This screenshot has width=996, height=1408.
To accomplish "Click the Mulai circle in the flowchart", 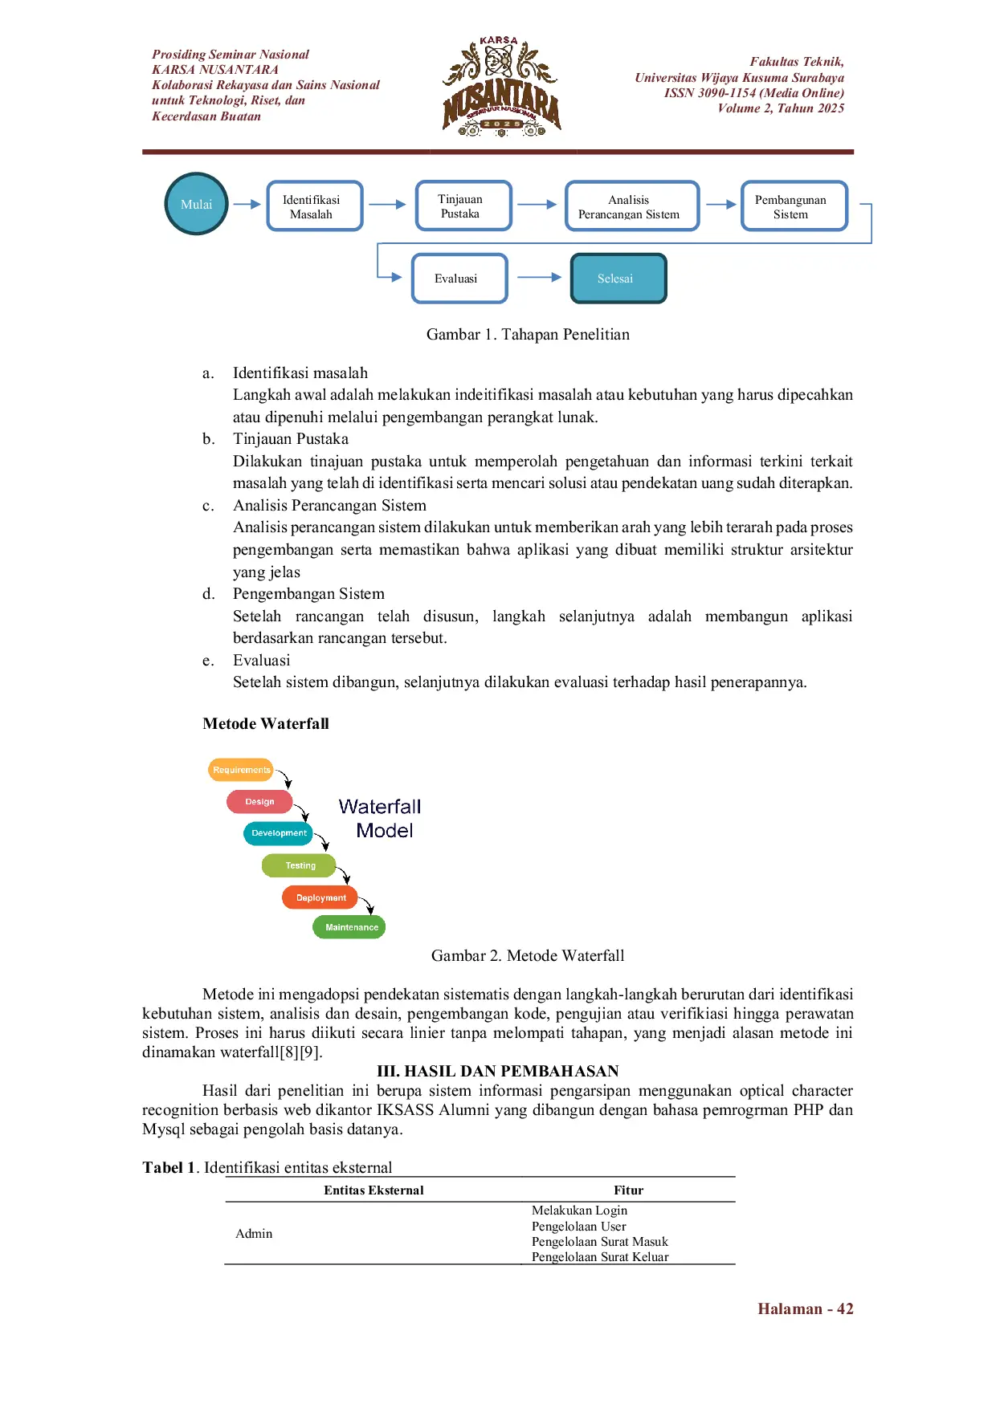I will (x=196, y=204).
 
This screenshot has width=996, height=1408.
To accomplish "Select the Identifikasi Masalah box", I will (x=314, y=206).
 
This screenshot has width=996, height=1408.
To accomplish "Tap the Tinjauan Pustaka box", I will (x=463, y=206).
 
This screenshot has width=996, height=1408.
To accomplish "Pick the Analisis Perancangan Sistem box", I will (x=631, y=206).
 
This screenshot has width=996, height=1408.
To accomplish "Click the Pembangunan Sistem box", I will (x=793, y=206).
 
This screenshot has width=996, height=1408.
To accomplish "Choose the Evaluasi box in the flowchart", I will (x=459, y=279).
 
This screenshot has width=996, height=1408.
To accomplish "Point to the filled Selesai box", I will (x=618, y=279).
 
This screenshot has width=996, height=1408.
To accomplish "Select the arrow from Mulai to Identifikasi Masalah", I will (x=247, y=204).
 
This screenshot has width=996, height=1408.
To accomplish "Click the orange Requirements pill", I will (x=241, y=770).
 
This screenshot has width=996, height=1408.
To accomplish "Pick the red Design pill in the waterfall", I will (x=259, y=801).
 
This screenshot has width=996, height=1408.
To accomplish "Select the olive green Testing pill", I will (x=300, y=865).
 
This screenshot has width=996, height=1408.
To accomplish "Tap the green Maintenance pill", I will (x=350, y=927).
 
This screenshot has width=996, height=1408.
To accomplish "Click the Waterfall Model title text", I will (x=381, y=818).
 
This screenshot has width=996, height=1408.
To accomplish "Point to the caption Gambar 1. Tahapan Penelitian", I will (x=528, y=335).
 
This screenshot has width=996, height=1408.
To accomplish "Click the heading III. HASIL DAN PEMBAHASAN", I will (x=497, y=1071).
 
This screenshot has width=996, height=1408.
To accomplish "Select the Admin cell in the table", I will (x=254, y=1234).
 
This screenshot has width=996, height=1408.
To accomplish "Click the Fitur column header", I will (x=628, y=1190).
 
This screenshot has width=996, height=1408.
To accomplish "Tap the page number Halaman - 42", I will (x=805, y=1309).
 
